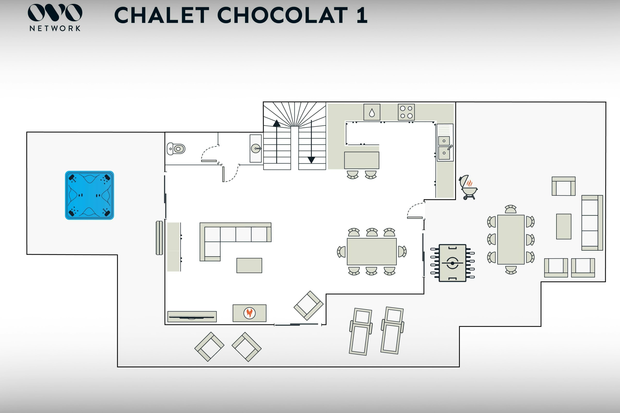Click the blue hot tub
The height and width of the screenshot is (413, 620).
[x=89, y=195]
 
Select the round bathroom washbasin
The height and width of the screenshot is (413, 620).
[x=256, y=149]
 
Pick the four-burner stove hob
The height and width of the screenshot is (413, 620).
[x=406, y=112]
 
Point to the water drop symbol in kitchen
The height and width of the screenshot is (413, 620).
[x=372, y=113]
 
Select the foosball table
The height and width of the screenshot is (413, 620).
[x=452, y=263]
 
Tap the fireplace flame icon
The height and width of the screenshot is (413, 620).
[x=249, y=313]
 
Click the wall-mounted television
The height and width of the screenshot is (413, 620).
[x=192, y=317]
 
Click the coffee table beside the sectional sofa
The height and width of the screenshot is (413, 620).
[x=249, y=266]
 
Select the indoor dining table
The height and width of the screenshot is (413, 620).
[x=372, y=251]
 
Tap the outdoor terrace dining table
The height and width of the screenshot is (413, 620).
[x=511, y=240]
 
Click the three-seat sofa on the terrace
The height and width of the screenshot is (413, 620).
[x=592, y=223]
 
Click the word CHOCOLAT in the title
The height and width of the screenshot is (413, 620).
[x=282, y=15]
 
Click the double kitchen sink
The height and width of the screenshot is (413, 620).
[x=444, y=147]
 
